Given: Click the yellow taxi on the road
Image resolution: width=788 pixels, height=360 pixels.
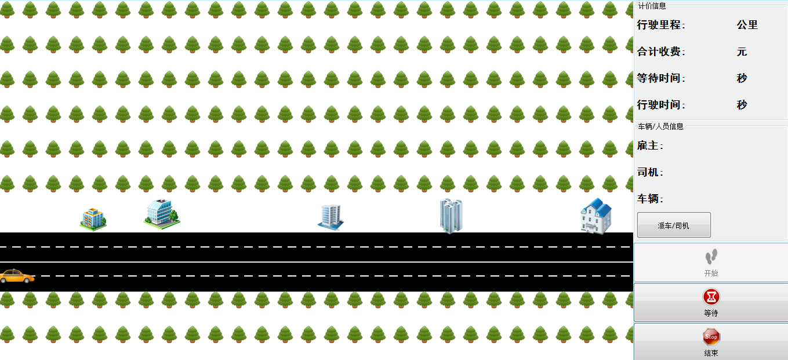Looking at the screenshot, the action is (x=17, y=276).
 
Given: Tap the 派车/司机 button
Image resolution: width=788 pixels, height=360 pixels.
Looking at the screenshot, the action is (x=674, y=225).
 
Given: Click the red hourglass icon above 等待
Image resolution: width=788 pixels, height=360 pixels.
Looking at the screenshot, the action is (x=711, y=297).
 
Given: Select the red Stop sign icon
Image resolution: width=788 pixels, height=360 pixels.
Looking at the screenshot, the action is (x=711, y=337).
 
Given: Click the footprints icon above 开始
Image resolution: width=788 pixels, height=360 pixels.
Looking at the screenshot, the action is (x=711, y=257).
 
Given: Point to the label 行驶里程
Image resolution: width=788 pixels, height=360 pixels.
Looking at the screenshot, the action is (x=659, y=25).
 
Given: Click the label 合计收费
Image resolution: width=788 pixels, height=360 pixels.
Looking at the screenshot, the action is (x=659, y=52).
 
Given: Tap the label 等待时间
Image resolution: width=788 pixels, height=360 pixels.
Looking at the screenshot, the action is (x=659, y=78).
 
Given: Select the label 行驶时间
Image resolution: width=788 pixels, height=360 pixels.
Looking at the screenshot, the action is (x=659, y=105).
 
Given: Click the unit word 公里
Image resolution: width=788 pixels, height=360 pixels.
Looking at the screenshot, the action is (x=747, y=25).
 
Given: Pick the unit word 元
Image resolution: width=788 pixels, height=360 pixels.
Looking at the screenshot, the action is (x=742, y=52).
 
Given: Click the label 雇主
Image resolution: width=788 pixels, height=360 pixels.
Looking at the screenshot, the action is (x=648, y=146).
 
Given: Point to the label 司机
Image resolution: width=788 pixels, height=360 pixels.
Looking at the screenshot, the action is (x=648, y=172).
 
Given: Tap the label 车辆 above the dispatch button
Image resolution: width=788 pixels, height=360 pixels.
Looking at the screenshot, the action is (x=648, y=199).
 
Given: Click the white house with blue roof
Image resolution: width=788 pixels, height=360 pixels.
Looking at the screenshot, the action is (x=596, y=216).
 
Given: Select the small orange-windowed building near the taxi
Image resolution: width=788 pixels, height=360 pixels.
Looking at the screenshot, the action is (x=93, y=219).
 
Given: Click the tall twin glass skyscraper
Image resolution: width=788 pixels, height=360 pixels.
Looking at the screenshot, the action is (x=451, y=216).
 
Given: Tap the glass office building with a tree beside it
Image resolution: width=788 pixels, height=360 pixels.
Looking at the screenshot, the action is (x=162, y=214).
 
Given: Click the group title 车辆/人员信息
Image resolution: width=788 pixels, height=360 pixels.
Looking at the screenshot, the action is (x=660, y=126).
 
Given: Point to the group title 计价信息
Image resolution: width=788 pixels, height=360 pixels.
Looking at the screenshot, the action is (x=652, y=6).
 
